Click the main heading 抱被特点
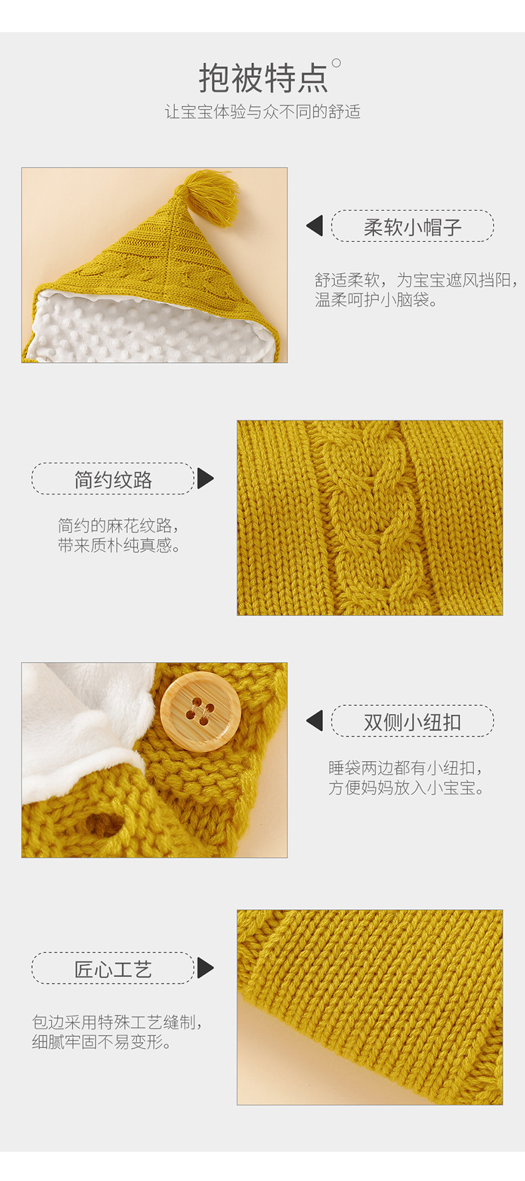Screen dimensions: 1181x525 click(x=263, y=78)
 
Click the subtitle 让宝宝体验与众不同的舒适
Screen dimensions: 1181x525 click(x=262, y=112)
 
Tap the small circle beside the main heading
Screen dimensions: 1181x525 click(x=336, y=63)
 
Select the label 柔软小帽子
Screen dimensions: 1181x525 click(x=412, y=227)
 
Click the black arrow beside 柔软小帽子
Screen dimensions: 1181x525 click(x=315, y=226)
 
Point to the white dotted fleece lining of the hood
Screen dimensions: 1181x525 click(x=146, y=329)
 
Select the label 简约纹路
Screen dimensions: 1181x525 click(x=113, y=479)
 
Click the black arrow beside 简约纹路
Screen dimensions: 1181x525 click(x=205, y=479)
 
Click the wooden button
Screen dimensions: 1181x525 click(x=200, y=711)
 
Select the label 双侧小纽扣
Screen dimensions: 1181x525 click(x=412, y=722)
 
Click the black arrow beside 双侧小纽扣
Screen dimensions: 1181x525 click(x=315, y=720)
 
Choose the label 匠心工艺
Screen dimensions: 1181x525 click(x=113, y=969)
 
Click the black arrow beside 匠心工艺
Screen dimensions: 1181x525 click(x=205, y=968)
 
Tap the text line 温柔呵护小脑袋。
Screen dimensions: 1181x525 click(x=376, y=300)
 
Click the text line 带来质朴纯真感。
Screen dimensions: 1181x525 click(x=119, y=546)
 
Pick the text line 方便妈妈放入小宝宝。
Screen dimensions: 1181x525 click(x=406, y=788)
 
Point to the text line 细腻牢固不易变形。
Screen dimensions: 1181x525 click(x=102, y=1042)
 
